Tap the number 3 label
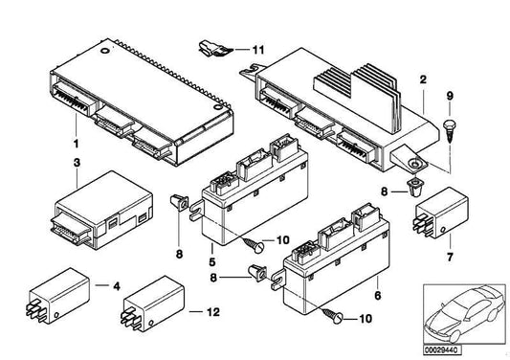[x=77, y=166]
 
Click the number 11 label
[x=257, y=48]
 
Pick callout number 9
[x=449, y=95]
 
